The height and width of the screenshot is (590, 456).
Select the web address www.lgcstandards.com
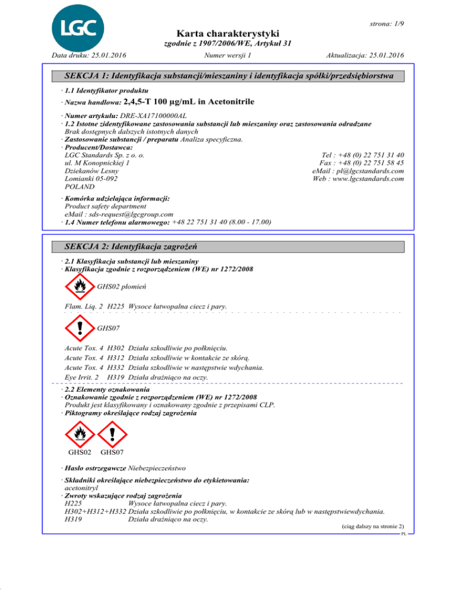click(x=366, y=179)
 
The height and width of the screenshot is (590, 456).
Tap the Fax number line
click(x=362, y=162)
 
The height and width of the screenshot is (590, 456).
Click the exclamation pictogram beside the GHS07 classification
click(x=80, y=328)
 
